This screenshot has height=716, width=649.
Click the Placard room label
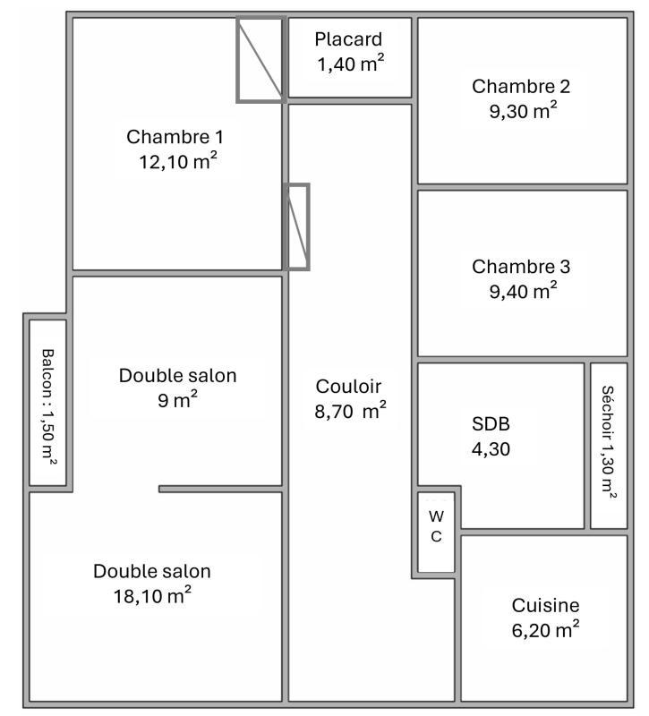[x=348, y=39]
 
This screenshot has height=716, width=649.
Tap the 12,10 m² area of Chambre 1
[x=175, y=162]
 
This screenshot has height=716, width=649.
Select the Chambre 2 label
[x=521, y=87]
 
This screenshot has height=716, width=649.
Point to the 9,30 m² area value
[x=521, y=111]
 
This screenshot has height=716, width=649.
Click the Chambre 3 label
[x=521, y=267]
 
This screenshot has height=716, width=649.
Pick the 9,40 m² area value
[x=521, y=290]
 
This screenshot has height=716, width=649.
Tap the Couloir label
[x=348, y=387]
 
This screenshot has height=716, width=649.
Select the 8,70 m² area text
[x=350, y=411]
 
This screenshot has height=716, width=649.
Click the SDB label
[x=491, y=424]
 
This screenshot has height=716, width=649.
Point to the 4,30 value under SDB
[x=491, y=449]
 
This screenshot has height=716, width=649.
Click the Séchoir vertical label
[x=608, y=444]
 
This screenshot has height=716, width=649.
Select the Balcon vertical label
[x=47, y=405]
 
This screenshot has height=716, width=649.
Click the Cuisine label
[x=545, y=606]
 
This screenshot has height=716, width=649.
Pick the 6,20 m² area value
[x=545, y=630]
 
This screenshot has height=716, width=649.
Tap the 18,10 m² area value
[x=152, y=595]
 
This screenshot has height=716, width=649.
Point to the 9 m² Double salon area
[x=178, y=400]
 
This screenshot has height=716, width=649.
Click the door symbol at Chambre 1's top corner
[x=260, y=59]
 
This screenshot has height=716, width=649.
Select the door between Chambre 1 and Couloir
[x=297, y=227]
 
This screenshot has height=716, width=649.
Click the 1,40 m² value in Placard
[x=348, y=64]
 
